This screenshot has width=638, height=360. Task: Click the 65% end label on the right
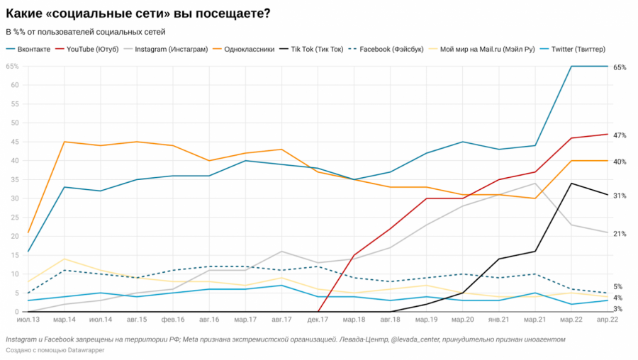619,67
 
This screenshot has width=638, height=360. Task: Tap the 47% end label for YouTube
619,135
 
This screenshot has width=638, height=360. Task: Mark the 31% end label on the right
619,195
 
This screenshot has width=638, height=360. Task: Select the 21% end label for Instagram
619,233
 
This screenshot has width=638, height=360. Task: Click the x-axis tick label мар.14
65,320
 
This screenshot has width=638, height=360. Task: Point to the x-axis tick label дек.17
318,320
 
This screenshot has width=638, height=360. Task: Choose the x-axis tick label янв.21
499,320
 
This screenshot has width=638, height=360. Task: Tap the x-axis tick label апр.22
608,320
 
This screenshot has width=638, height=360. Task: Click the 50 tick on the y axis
14,123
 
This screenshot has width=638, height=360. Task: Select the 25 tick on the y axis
14,218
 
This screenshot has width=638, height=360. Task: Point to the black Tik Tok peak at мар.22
571,184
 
